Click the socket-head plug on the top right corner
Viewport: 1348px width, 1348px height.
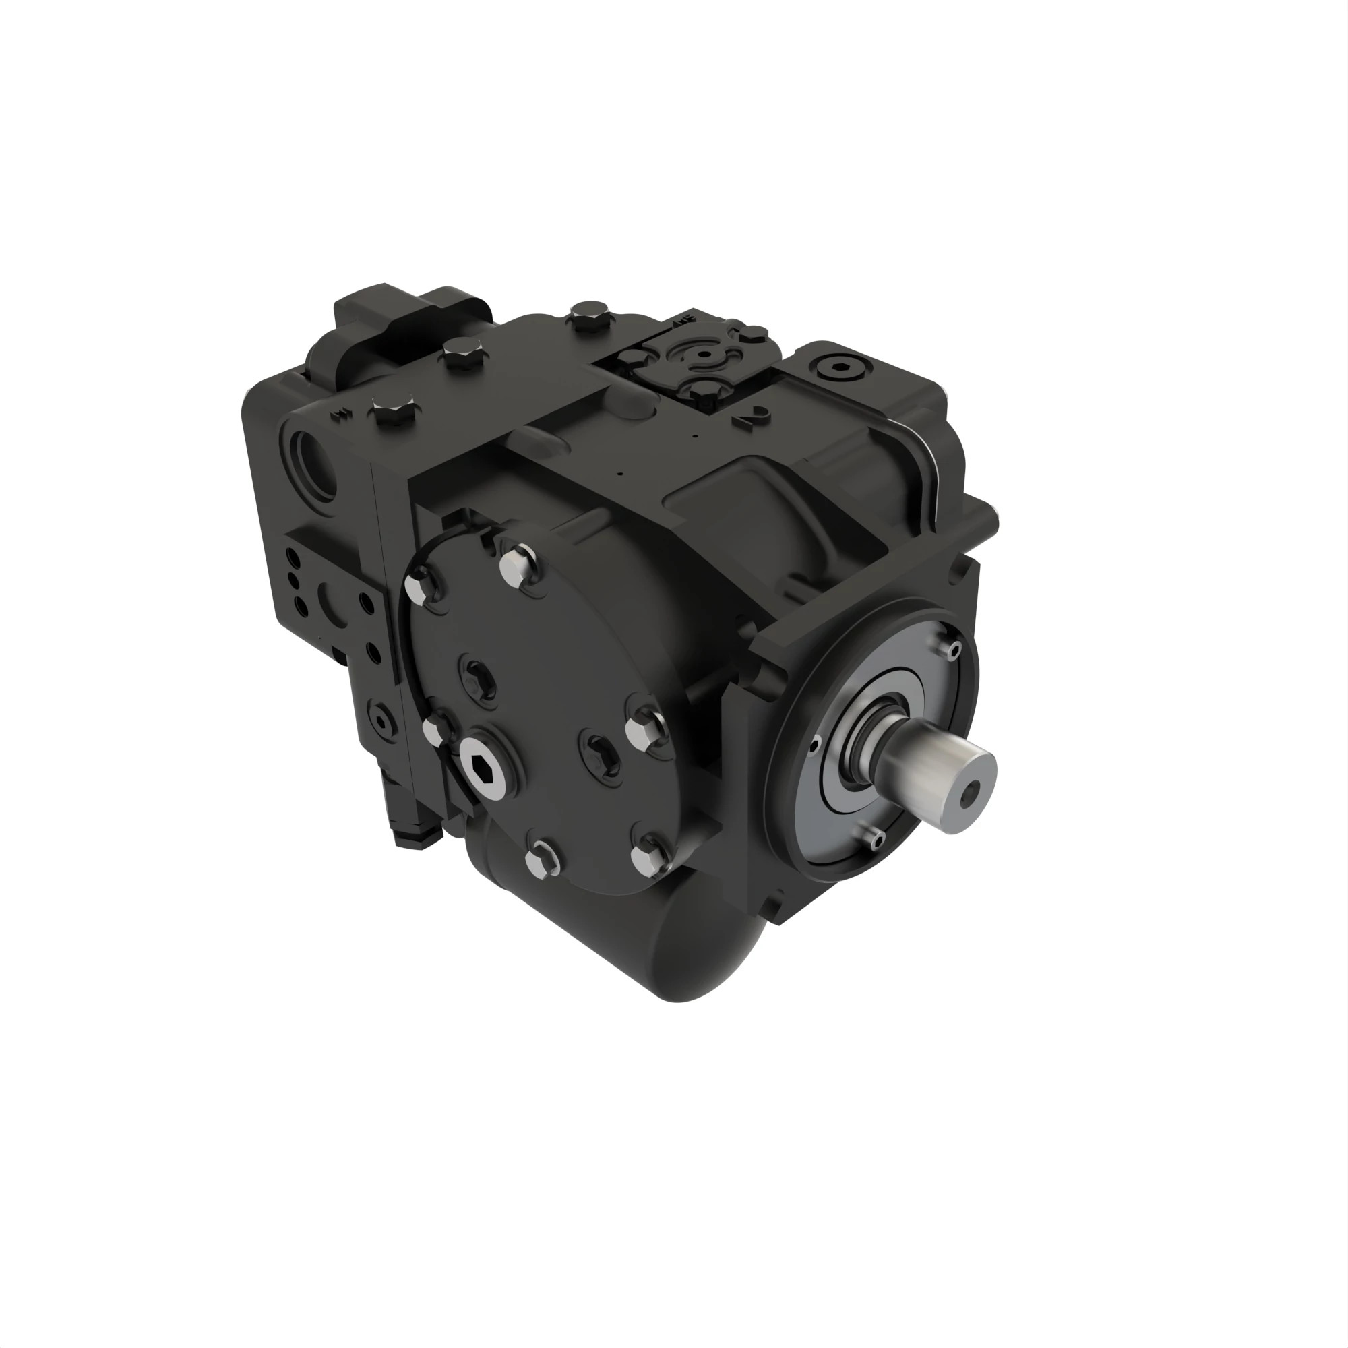(x=840, y=368)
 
